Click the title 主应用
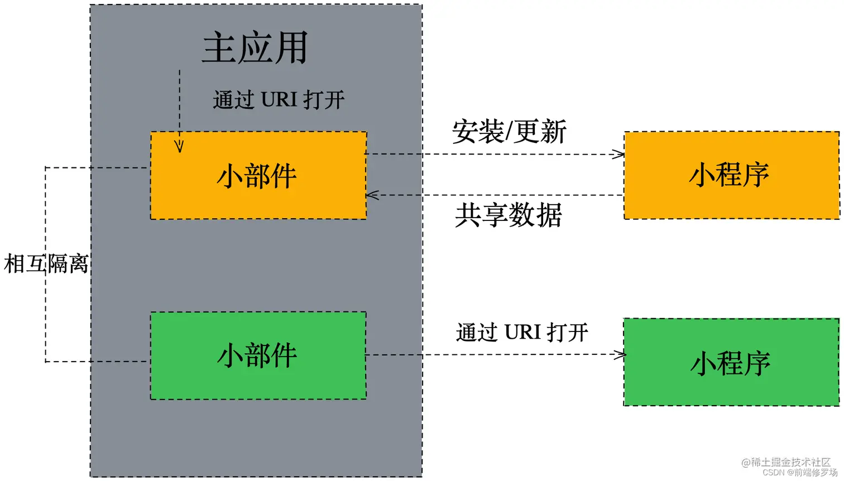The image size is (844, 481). [x=255, y=48]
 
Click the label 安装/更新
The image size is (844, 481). [x=509, y=132]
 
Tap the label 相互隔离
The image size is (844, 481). [x=46, y=264]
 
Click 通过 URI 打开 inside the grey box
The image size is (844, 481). [x=279, y=100]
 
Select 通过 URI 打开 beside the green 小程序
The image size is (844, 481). [x=522, y=333]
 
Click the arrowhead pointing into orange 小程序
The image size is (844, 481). [x=619, y=155]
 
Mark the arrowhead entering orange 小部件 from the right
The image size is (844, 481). [x=372, y=195]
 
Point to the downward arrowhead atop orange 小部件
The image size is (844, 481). [x=179, y=147]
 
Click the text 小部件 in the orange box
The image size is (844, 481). [x=257, y=176]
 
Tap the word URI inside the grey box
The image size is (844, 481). [x=279, y=100]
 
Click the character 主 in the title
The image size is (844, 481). [x=218, y=48]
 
